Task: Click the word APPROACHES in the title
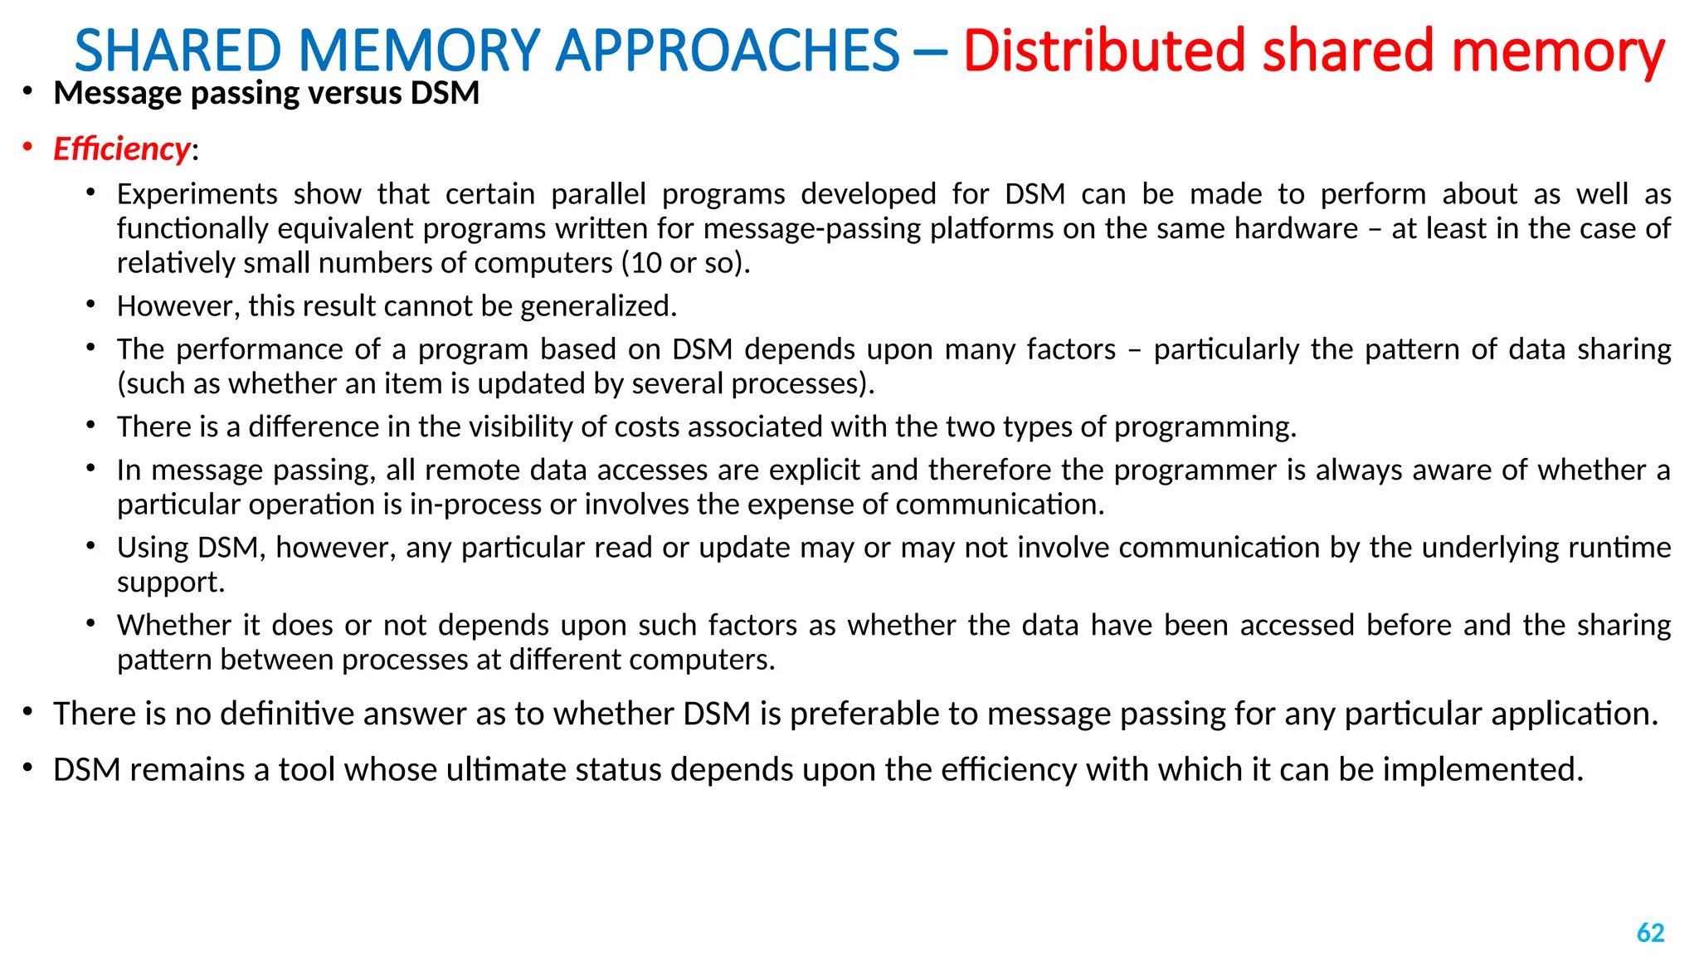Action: [727, 51]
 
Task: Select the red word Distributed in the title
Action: [1104, 51]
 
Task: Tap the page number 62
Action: [1650, 933]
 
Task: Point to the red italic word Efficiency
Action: [122, 149]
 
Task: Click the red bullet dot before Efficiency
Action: [27, 148]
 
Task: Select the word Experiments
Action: [197, 194]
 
